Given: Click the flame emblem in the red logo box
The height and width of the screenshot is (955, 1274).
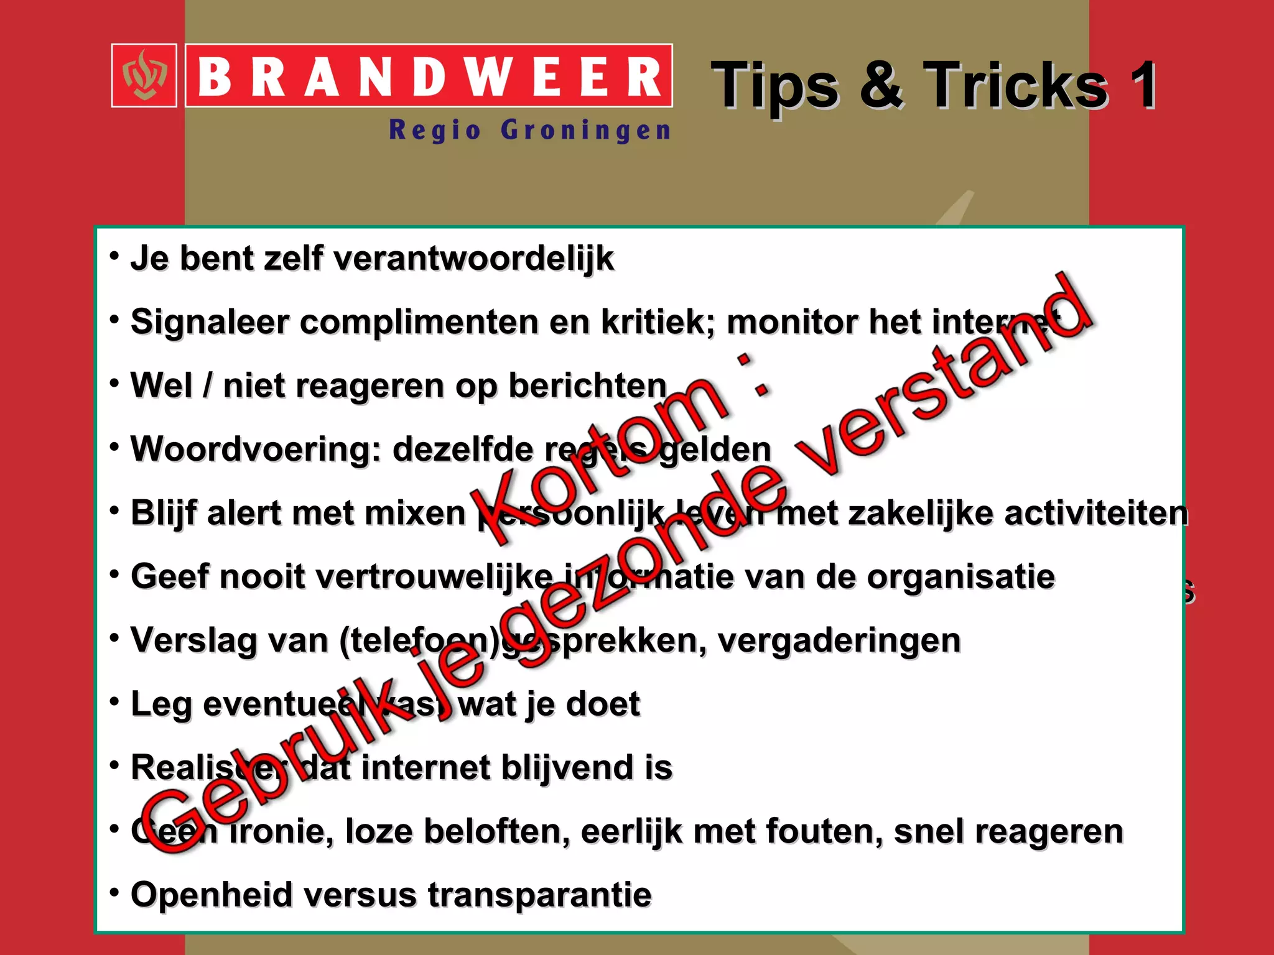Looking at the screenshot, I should [144, 76].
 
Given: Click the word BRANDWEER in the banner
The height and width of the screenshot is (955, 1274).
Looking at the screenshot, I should [429, 77].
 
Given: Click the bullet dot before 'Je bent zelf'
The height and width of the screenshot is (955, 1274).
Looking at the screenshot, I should [114, 256].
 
